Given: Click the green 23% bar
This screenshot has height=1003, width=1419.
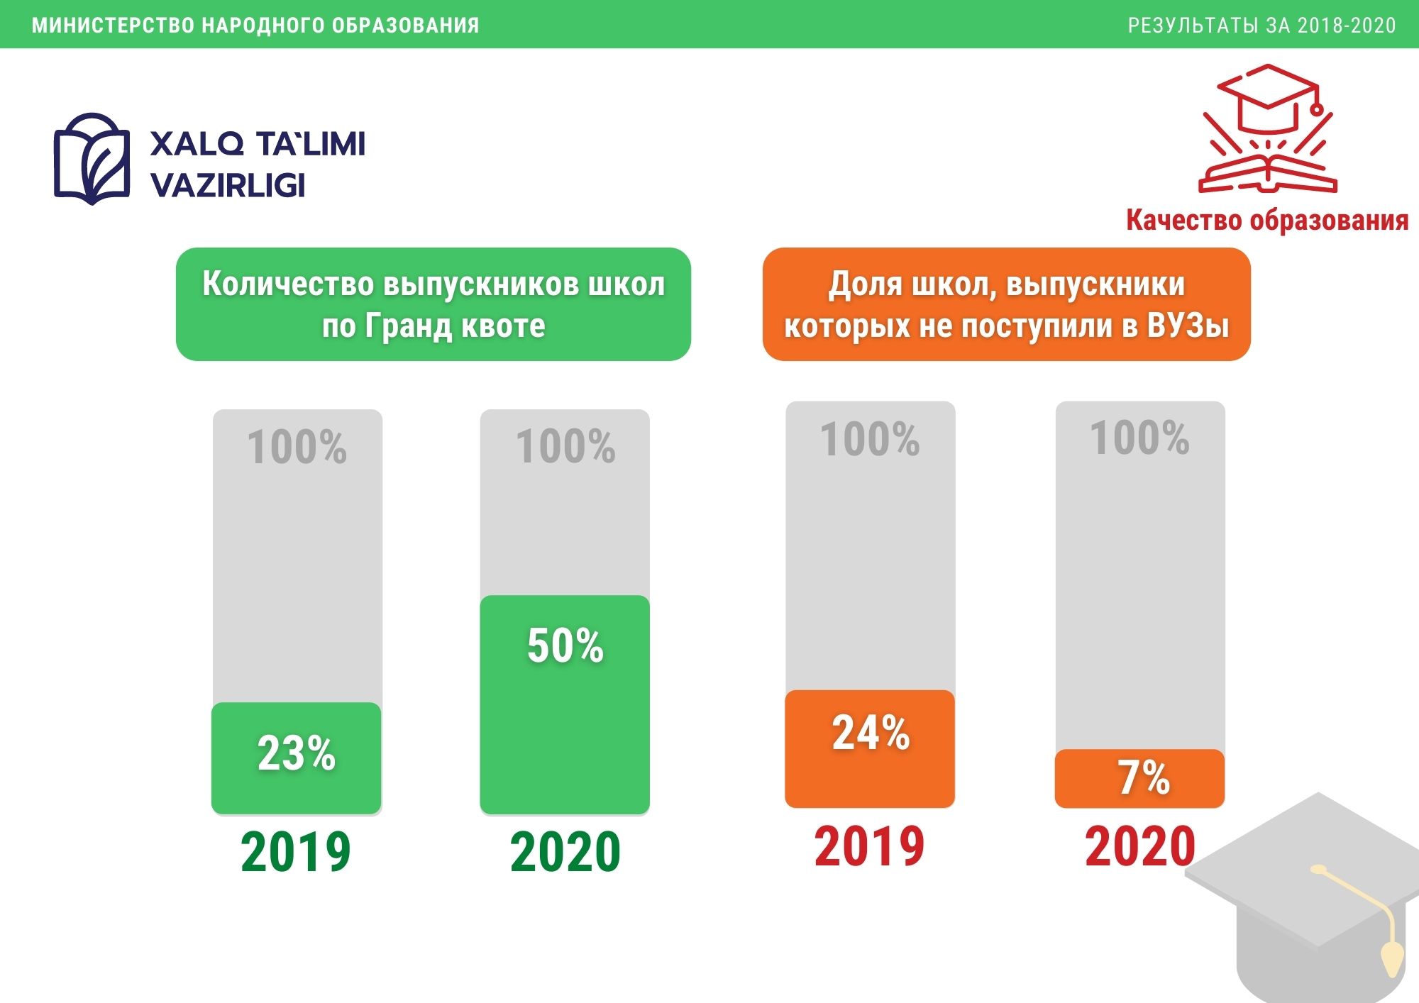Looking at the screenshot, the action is pyautogui.click(x=297, y=758).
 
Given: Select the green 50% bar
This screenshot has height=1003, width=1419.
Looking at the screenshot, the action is pyautogui.click(x=565, y=704).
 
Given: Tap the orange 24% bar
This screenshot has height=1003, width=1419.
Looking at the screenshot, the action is pyautogui.click(x=870, y=748).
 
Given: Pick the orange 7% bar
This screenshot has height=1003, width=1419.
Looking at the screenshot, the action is pyautogui.click(x=1140, y=778).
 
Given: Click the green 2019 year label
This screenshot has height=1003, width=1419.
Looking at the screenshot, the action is pyautogui.click(x=296, y=851).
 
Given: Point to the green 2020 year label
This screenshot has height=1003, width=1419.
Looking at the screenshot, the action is pyautogui.click(x=565, y=851).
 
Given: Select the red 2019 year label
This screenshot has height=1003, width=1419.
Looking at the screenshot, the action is pyautogui.click(x=869, y=846).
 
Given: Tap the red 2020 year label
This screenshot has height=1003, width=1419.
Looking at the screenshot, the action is pyautogui.click(x=1140, y=846).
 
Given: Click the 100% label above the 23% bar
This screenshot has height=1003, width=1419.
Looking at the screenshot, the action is pyautogui.click(x=297, y=447).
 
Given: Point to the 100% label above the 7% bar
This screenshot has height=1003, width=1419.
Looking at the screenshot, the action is pyautogui.click(x=1139, y=438).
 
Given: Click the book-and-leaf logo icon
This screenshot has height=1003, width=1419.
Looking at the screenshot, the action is pyautogui.click(x=92, y=159).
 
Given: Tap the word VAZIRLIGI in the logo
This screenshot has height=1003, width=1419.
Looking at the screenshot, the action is pyautogui.click(x=228, y=185).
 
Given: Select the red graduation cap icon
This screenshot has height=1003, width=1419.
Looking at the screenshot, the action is pyautogui.click(x=1268, y=128).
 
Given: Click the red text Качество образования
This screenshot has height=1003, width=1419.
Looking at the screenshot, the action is pyautogui.click(x=1267, y=220).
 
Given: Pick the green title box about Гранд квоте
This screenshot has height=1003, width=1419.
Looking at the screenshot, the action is pyautogui.click(x=434, y=304).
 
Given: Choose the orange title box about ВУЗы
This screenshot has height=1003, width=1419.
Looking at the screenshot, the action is pyautogui.click(x=1006, y=304).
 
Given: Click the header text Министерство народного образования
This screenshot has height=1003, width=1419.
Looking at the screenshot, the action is pyautogui.click(x=255, y=26).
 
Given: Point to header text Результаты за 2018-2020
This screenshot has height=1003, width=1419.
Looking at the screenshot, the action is pyautogui.click(x=1262, y=26).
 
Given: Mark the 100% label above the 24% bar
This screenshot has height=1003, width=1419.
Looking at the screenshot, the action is pyautogui.click(x=870, y=439).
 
